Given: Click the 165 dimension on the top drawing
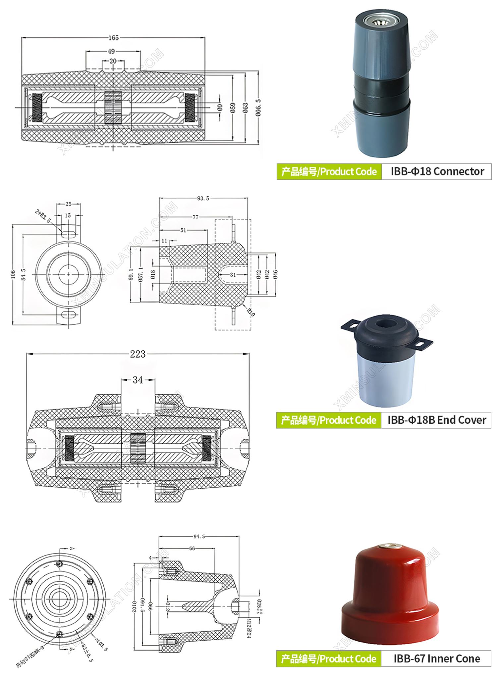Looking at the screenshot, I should point(113,38).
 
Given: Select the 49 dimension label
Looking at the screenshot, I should point(111,51).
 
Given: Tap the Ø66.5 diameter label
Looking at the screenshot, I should point(258,108).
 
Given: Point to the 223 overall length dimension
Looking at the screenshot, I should point(138,354).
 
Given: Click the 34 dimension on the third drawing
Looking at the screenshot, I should point(138,380).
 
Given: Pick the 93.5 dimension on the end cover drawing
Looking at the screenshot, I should point(203,198).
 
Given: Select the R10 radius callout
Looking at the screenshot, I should point(251,312).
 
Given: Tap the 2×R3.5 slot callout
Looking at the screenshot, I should point(43,216).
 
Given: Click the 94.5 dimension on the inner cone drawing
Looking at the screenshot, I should point(199,536).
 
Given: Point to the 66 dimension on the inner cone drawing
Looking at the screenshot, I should point(192,549).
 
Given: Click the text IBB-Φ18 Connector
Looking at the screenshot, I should point(437,171).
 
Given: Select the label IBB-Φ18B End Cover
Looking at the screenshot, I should point(436,420).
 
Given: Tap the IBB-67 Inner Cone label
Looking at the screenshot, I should point(436,658).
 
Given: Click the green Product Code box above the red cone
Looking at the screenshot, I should point(328,659).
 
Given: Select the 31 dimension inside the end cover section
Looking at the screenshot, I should point(233,275).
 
